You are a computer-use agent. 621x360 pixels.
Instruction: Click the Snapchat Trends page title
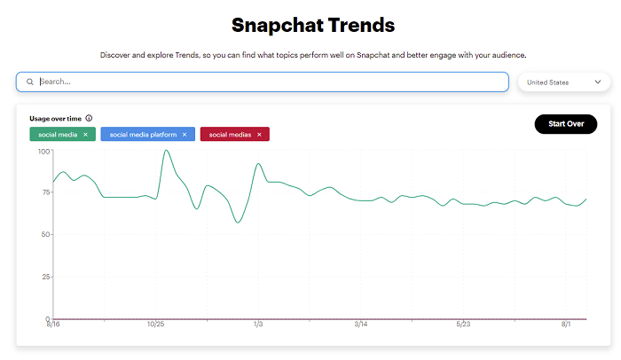tap(313, 24)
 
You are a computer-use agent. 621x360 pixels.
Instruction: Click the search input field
tap(266, 82)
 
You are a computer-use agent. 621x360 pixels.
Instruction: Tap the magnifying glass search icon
tap(29, 82)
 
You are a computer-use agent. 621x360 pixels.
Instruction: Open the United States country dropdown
tap(563, 82)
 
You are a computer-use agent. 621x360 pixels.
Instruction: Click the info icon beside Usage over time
tap(89, 118)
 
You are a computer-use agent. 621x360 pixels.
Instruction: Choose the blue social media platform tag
tap(141, 135)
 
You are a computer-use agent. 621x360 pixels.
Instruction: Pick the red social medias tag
tap(229, 135)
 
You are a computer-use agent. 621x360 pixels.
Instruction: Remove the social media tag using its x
tap(85, 135)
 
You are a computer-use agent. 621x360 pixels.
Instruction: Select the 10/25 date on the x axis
tap(156, 325)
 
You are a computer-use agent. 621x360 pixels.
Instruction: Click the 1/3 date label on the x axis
tap(258, 325)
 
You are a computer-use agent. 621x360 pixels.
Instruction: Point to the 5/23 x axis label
tap(462, 325)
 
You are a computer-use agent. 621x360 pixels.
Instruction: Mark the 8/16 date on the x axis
tap(53, 325)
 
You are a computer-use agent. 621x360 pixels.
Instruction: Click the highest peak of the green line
tap(166, 151)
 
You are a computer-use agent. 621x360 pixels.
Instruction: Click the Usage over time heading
tap(55, 118)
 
